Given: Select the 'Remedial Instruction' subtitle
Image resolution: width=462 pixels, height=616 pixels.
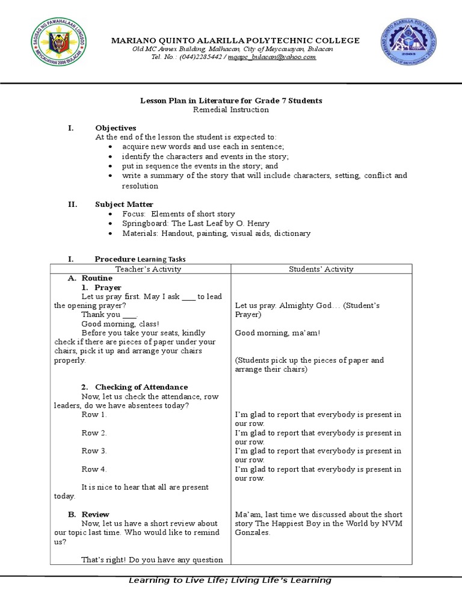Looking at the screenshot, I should [x=231, y=110].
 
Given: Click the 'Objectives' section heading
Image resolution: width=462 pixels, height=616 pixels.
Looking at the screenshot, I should [x=115, y=128].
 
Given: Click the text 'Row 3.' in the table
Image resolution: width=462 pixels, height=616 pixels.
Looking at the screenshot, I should [x=94, y=451].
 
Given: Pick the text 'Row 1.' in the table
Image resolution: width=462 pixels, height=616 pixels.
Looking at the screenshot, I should [x=94, y=415].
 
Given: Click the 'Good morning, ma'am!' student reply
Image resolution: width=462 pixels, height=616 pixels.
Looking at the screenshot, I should [x=277, y=333].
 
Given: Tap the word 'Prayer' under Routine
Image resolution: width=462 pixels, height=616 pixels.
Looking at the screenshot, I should [x=108, y=288].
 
